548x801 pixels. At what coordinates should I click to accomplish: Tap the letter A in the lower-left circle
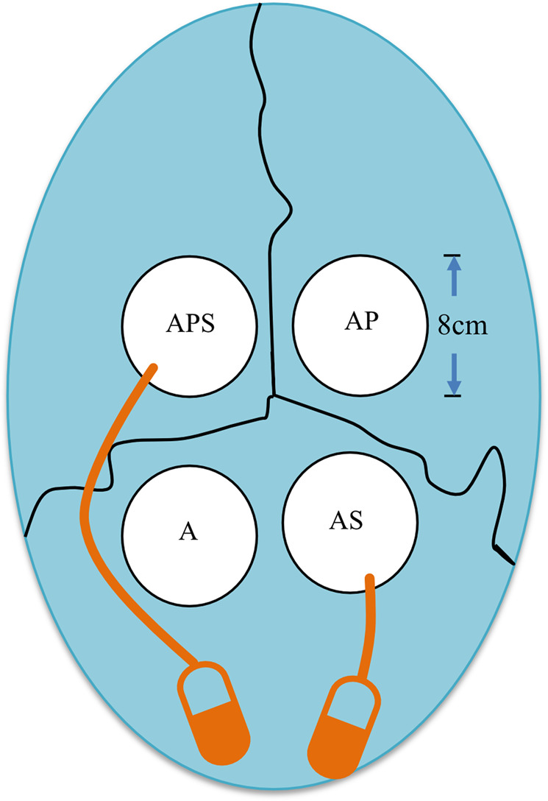[188, 532]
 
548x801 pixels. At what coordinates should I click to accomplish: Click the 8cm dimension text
[463, 325]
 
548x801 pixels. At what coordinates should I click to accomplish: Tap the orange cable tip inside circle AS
[370, 579]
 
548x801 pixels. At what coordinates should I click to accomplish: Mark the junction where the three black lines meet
[273, 396]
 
